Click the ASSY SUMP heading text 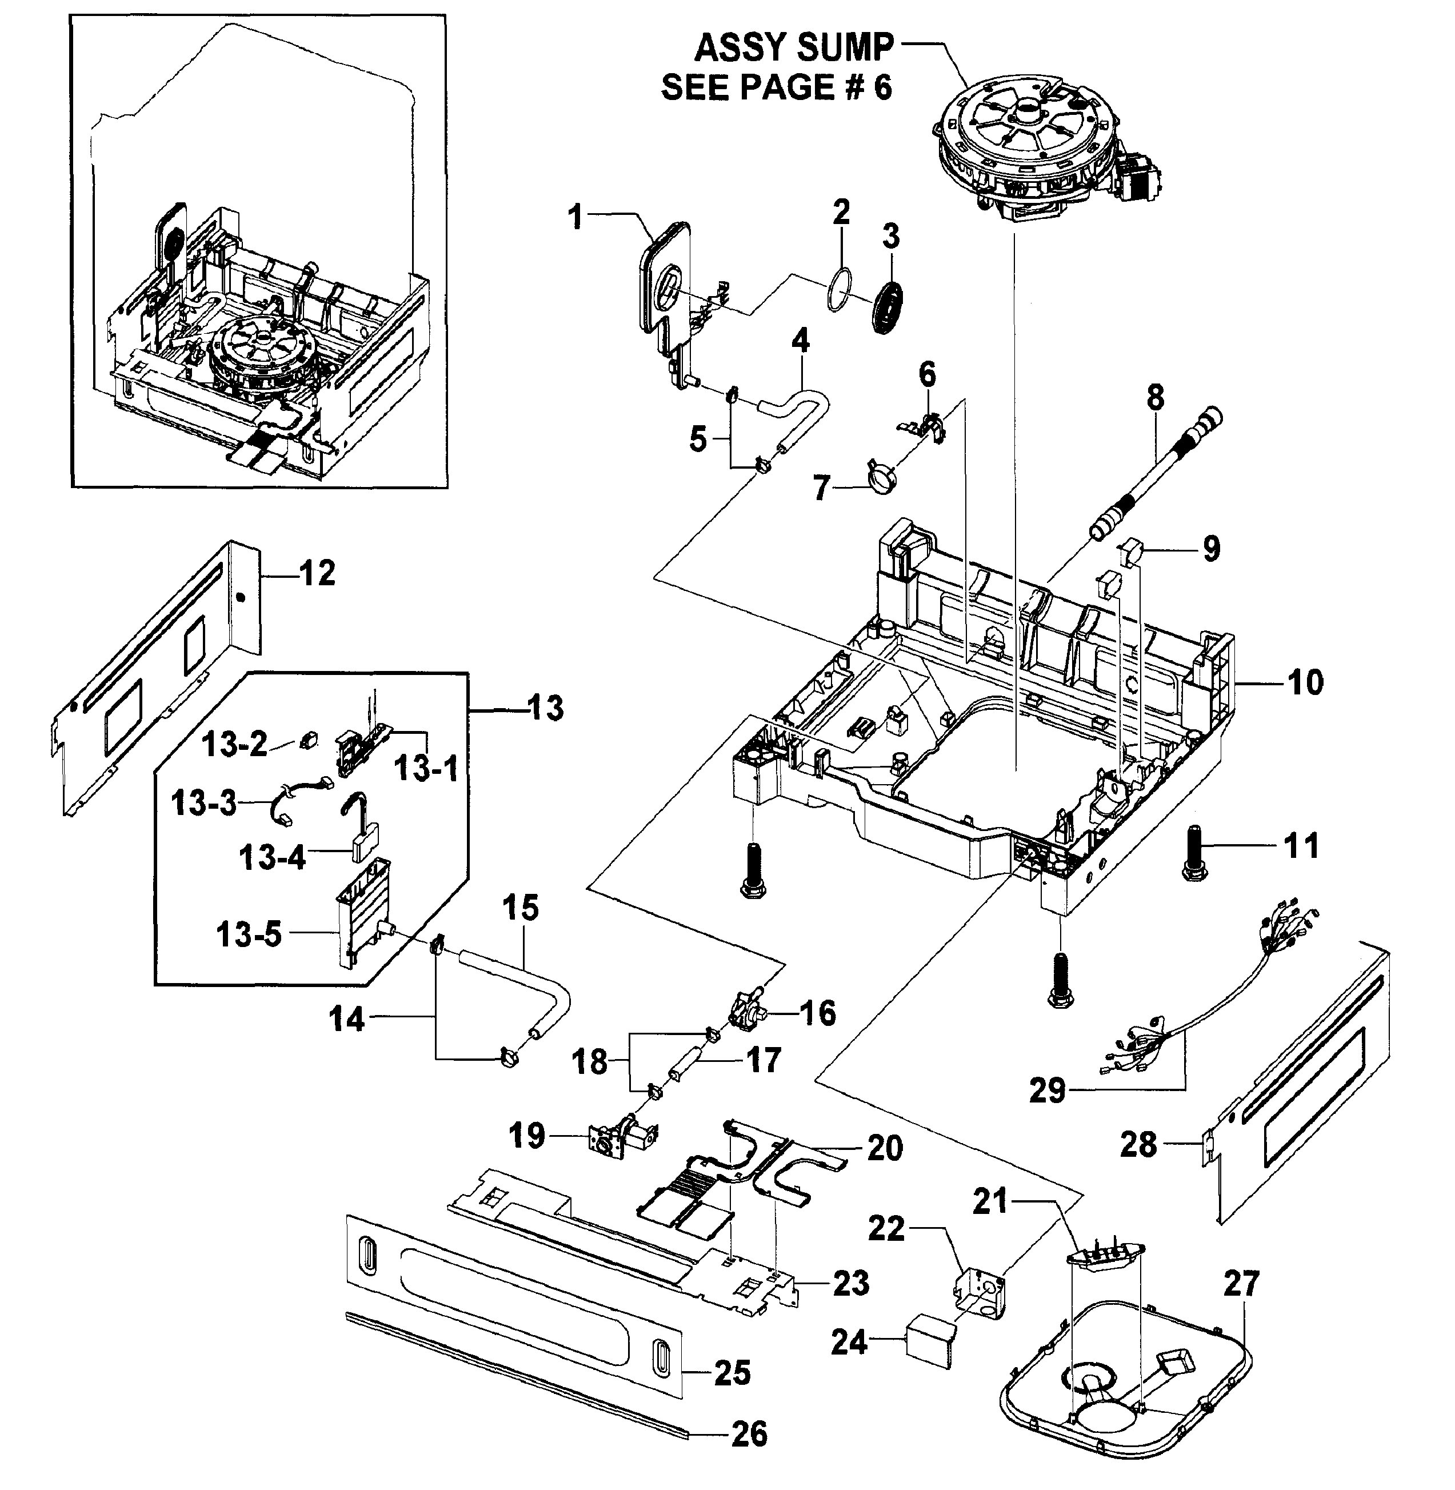pos(793,48)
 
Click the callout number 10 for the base pos(1305,682)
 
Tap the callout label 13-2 pos(235,744)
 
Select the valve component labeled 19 pos(621,1136)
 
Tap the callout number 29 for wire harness pos(1046,1090)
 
